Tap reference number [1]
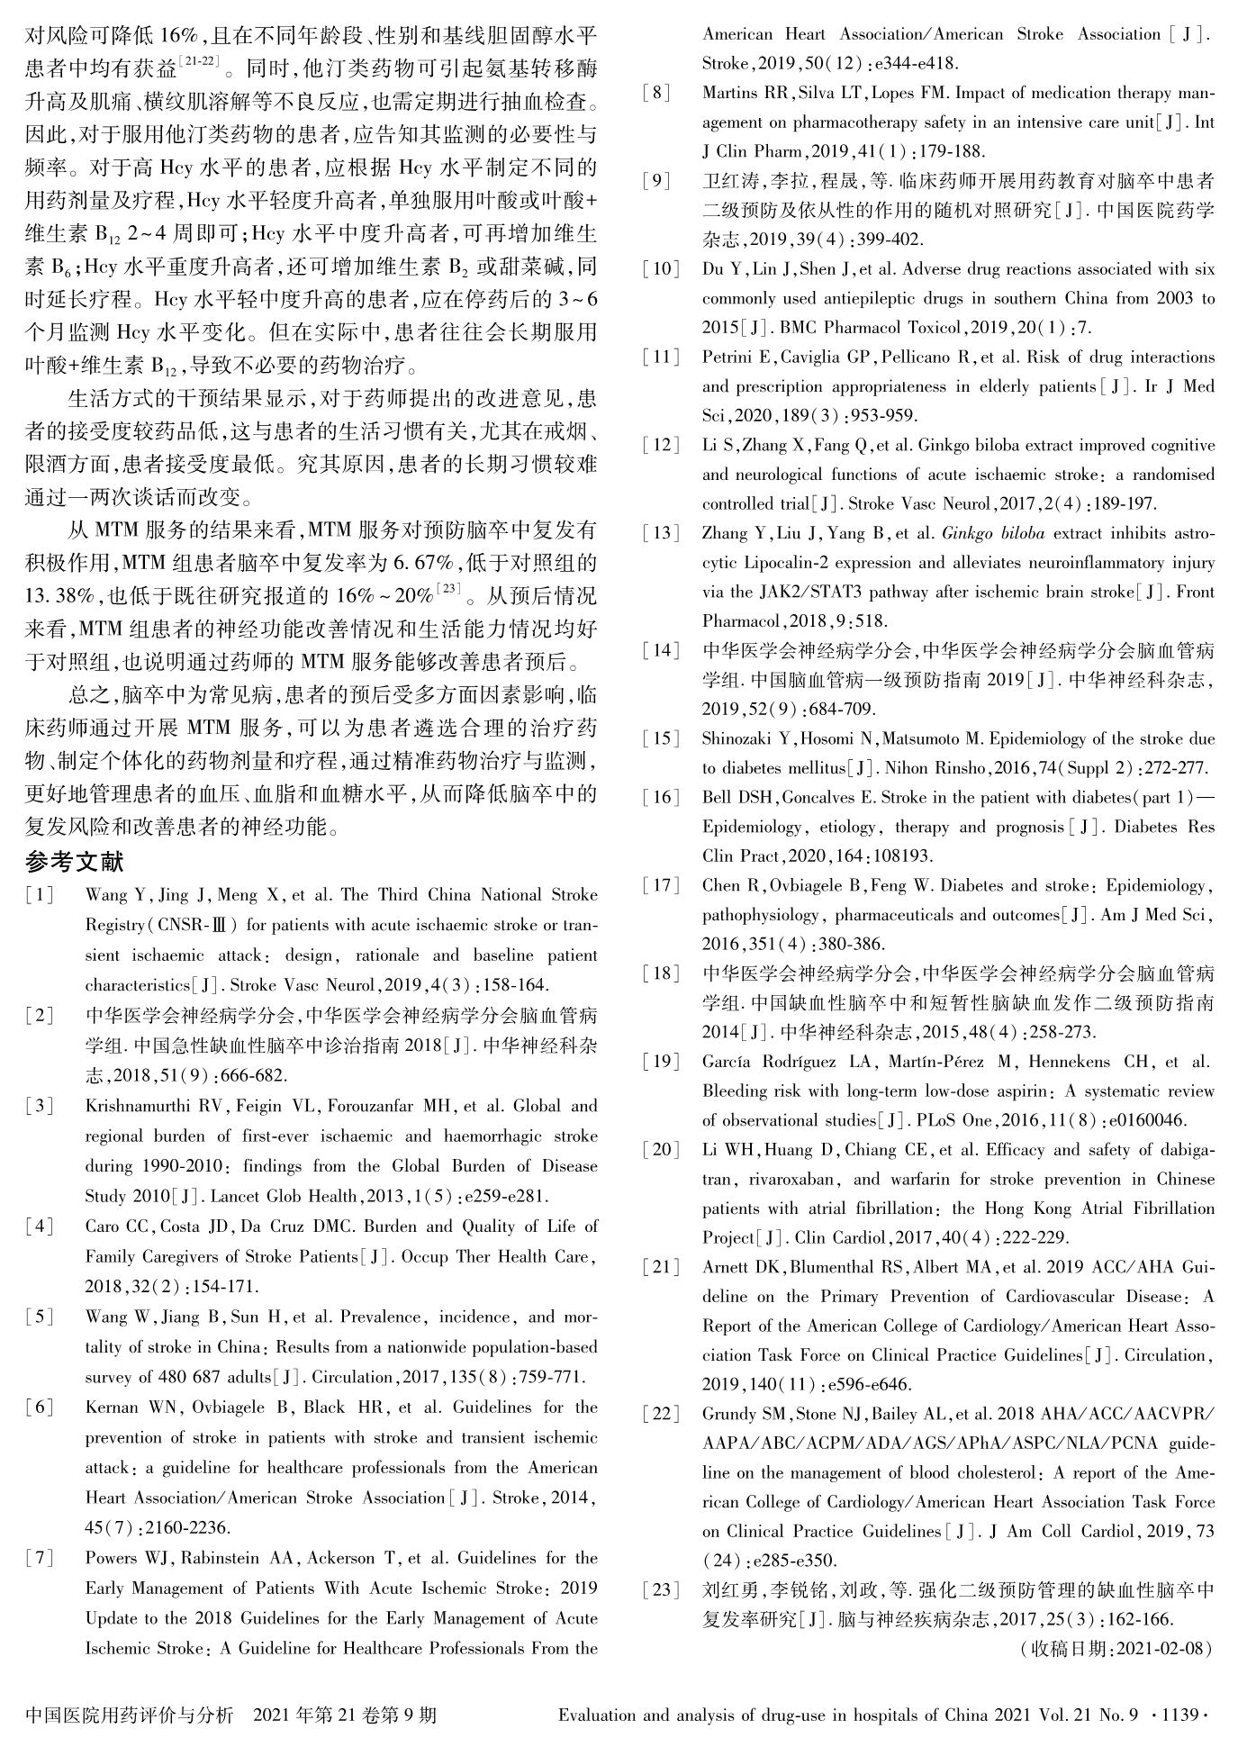click(x=40, y=895)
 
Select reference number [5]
click(x=40, y=1317)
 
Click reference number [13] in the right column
click(x=661, y=533)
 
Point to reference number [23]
click(x=661, y=1589)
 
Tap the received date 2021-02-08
click(x=1162, y=1649)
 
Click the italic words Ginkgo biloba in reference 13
click(x=992, y=533)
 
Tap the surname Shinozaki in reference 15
click(x=745, y=739)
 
